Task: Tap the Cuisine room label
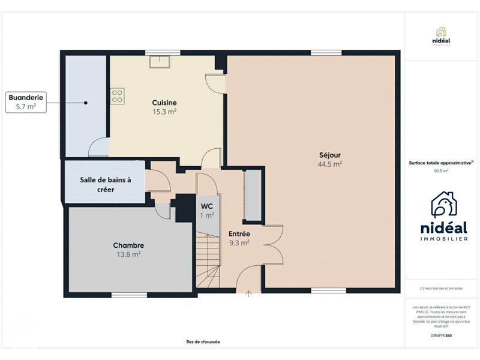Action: point(164,103)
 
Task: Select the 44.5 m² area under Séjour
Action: point(330,163)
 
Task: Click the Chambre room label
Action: point(128,245)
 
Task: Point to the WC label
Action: point(207,206)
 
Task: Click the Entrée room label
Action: point(239,233)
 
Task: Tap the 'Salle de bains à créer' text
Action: point(106,184)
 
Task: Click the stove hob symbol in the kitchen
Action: point(117,96)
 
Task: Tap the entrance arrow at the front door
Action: point(248,293)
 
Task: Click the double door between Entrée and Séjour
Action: point(273,246)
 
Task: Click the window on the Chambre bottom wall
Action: point(129,295)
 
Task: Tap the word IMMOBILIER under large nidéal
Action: point(443,239)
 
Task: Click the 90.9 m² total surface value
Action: point(441,170)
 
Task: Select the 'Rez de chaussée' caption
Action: point(203,342)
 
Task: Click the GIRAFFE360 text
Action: point(442,335)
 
